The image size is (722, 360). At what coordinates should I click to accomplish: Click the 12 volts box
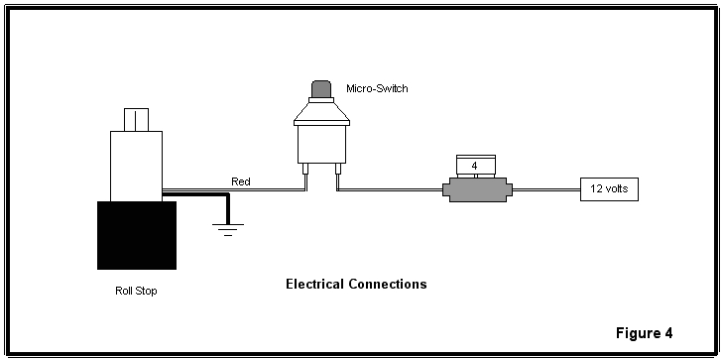click(x=609, y=188)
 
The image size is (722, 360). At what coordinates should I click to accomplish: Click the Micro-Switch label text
click(x=376, y=89)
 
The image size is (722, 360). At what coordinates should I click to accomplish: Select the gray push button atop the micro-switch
click(x=320, y=91)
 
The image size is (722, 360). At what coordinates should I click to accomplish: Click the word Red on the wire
click(x=241, y=180)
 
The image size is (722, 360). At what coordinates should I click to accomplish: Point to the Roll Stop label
click(x=136, y=292)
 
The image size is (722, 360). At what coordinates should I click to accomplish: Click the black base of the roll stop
click(x=136, y=235)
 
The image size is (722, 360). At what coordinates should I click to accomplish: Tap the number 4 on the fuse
click(x=475, y=165)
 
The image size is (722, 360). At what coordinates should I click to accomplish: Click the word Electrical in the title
click(x=315, y=285)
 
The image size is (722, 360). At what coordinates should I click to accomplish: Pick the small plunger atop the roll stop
click(x=136, y=120)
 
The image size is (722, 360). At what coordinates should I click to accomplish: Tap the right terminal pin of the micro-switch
click(x=337, y=179)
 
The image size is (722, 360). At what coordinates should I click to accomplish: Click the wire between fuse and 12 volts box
click(x=545, y=189)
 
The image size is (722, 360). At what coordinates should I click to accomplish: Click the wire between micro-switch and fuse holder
click(x=392, y=189)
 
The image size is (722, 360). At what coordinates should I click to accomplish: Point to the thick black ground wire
click(x=198, y=193)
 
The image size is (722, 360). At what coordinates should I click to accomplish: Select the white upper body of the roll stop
click(x=136, y=164)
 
